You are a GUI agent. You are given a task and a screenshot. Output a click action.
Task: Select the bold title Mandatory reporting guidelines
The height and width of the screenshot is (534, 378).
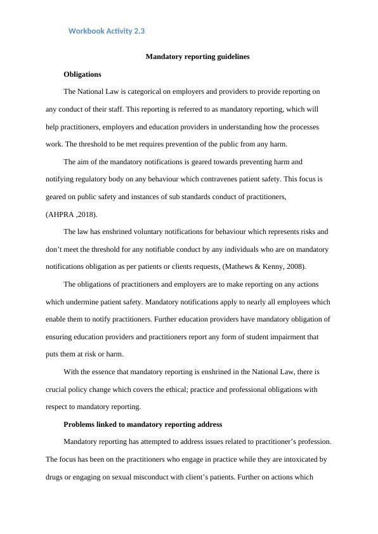point(197,56)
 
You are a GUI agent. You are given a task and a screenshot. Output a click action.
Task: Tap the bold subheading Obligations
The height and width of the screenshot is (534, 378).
point(82,74)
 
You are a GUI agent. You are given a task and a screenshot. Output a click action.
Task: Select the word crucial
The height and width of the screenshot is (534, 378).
point(57,389)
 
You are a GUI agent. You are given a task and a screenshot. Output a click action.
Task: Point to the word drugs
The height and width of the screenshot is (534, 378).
point(55,476)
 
